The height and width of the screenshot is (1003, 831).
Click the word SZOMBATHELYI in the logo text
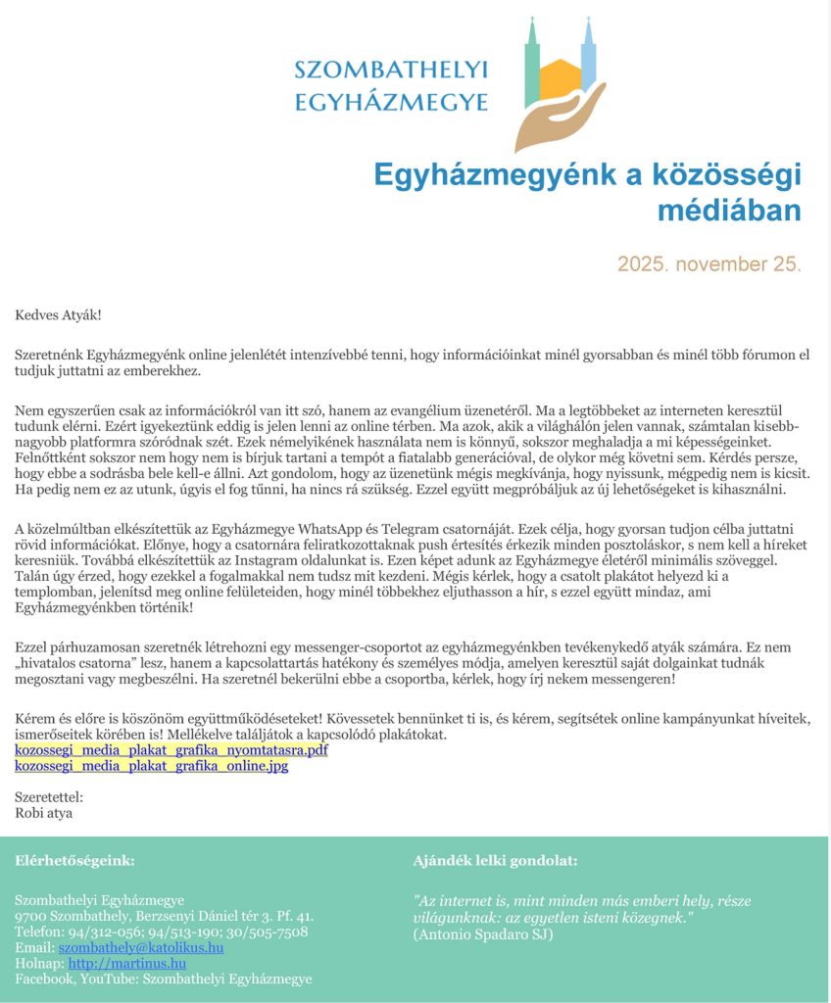[x=391, y=70]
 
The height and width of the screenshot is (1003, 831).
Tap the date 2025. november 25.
[x=709, y=264]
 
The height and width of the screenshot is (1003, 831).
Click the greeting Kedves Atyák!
[x=58, y=315]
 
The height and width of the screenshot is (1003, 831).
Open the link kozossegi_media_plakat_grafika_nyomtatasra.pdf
[x=171, y=750]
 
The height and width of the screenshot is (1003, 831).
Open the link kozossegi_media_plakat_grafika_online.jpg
[x=152, y=766]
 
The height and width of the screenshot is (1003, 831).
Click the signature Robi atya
[x=44, y=812]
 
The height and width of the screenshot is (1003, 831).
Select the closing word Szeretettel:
[x=49, y=797]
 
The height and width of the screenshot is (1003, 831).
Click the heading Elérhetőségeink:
[x=75, y=861]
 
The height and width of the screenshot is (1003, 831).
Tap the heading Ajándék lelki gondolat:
[x=495, y=861]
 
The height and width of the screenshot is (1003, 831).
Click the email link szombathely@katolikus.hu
[x=141, y=948]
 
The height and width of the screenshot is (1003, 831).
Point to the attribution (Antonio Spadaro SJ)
[x=483, y=933]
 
